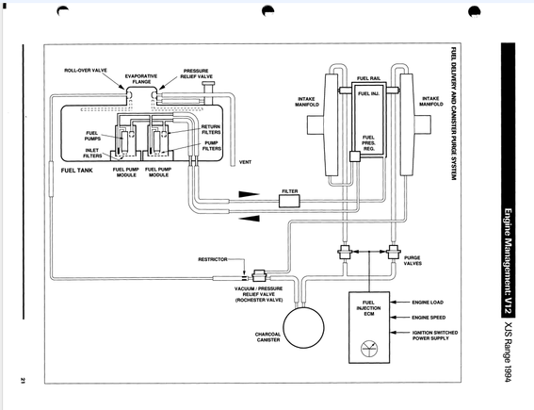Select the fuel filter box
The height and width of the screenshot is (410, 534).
click(289, 201)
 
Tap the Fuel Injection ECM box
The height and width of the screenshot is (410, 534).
click(369, 327)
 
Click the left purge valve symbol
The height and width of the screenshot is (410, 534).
click(345, 253)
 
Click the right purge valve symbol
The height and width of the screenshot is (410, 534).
click(393, 253)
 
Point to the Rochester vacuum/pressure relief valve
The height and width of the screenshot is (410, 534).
click(260, 274)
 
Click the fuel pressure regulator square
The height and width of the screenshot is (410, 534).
click(355, 156)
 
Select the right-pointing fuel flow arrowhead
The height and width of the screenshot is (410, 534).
click(249, 194)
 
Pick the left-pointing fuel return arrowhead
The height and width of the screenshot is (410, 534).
click(249, 218)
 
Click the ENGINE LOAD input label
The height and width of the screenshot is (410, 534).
click(428, 303)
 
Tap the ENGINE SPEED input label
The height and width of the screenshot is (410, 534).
click(429, 318)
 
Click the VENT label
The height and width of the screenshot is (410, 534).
click(245, 162)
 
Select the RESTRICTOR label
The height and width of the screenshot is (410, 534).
click(213, 259)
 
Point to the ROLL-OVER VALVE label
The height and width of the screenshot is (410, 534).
click(86, 71)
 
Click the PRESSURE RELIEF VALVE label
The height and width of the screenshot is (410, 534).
click(196, 74)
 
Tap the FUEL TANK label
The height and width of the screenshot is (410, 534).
click(76, 171)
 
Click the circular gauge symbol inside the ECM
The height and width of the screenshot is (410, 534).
click(369, 349)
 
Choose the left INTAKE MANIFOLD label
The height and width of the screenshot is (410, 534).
click(307, 102)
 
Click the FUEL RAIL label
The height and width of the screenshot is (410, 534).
click(368, 78)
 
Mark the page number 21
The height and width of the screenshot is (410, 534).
click(23, 381)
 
